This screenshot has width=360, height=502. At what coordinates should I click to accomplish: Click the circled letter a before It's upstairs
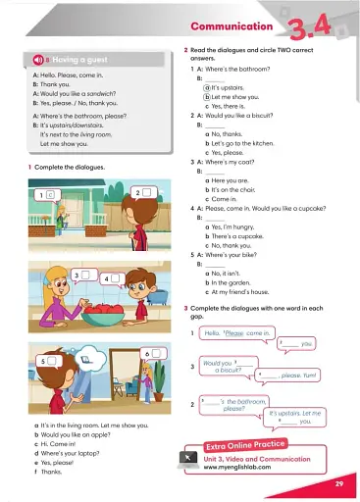[x=208, y=88]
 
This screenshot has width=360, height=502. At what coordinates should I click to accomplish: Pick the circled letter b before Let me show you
[x=208, y=98]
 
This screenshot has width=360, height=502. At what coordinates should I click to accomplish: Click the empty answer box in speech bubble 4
[x=116, y=278]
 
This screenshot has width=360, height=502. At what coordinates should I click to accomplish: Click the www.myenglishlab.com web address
[x=238, y=467]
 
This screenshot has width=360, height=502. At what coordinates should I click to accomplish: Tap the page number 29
[x=337, y=484]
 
